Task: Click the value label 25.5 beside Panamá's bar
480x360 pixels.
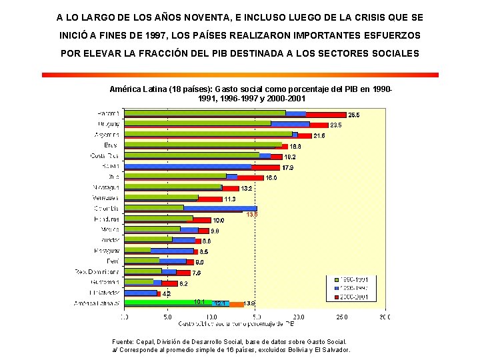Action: coord(354,115)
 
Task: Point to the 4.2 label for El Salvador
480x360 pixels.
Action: coord(167,293)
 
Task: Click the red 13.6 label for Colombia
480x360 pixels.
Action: coord(251,215)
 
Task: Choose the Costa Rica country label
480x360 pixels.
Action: coord(106,155)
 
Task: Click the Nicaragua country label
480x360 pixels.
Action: coord(107,187)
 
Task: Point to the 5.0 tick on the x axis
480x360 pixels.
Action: coord(168,317)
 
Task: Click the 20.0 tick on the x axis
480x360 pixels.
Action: coord(298,317)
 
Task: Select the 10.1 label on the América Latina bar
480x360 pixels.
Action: coord(199,302)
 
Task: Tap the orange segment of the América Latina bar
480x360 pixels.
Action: coord(237,304)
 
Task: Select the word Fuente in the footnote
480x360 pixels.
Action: coord(123,341)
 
